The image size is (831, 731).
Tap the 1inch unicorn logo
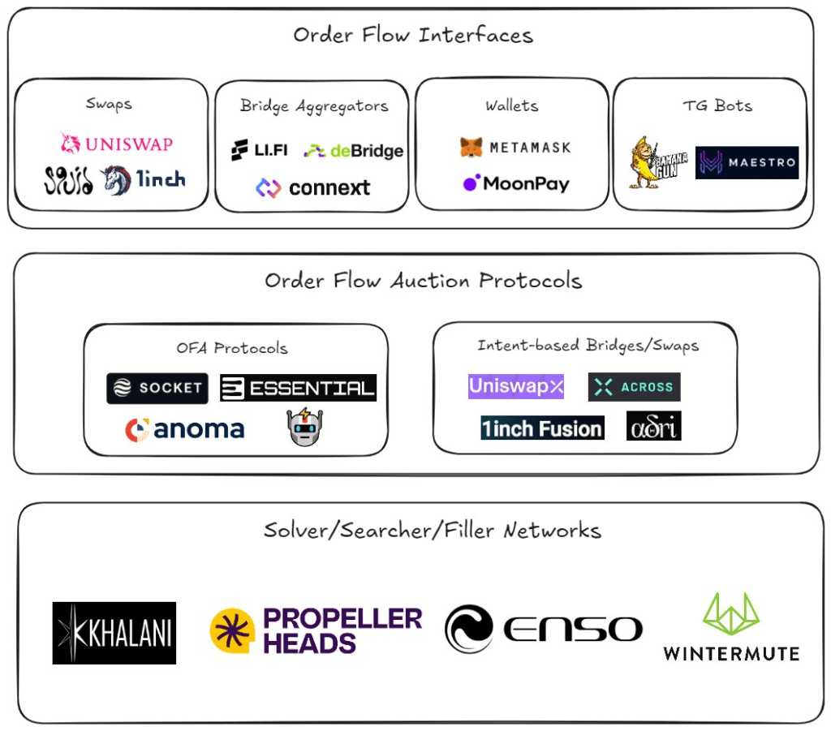pyautogui.click(x=115, y=180)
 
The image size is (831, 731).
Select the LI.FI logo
pyautogui.click(x=259, y=150)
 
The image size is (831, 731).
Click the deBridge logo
pyautogui.click(x=353, y=151)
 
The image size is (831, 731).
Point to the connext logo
pyautogui.click(x=312, y=188)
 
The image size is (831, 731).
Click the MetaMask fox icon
pyautogui.click(x=471, y=148)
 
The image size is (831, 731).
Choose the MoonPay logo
pyautogui.click(x=515, y=183)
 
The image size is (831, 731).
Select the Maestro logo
pyautogui.click(x=747, y=162)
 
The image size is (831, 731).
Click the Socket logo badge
pyautogui.click(x=157, y=388)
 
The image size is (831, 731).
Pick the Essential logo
pyautogui.click(x=299, y=388)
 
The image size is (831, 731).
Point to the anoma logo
pyautogui.click(x=184, y=429)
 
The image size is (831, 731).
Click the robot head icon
pyautogui.click(x=305, y=426)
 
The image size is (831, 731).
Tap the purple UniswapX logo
pyautogui.click(x=515, y=386)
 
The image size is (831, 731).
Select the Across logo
pyautogui.click(x=634, y=387)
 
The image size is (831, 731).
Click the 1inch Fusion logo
pyautogui.click(x=542, y=428)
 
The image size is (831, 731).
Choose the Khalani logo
pyautogui.click(x=114, y=633)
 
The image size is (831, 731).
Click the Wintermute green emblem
pyautogui.click(x=730, y=614)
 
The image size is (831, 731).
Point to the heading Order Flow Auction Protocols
pyautogui.click(x=423, y=281)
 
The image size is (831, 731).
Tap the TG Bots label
pyautogui.click(x=717, y=105)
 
